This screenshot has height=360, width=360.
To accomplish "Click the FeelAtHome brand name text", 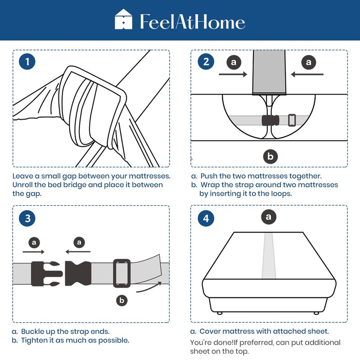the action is [192, 22].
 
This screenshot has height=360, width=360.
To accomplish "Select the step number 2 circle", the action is [206, 62].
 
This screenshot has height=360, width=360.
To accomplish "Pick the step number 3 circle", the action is [27, 219].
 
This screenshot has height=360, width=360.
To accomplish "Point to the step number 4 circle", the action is [206, 219].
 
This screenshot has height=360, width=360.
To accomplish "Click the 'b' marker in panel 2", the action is [270, 156].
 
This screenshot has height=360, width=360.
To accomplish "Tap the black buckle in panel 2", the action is [270, 121].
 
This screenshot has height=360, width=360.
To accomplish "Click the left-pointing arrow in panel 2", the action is [307, 74].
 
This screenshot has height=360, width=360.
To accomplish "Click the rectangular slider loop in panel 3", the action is [122, 273].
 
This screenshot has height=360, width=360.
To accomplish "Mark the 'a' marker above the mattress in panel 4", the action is [269, 217].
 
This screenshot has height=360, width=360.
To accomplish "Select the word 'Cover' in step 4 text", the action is [211, 331].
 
